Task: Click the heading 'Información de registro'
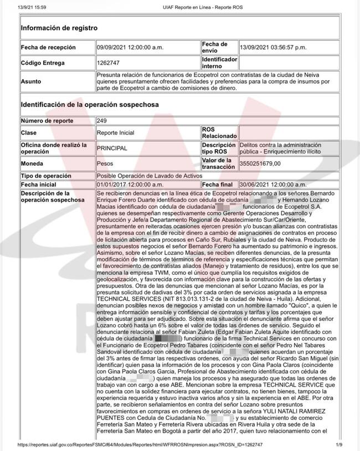click(x=59, y=28)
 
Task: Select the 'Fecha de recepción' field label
click(x=48, y=48)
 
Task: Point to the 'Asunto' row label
click(x=31, y=81)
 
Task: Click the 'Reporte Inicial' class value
click(x=115, y=133)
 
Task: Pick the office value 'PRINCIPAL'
click(x=112, y=148)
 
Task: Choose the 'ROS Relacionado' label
click(x=217, y=133)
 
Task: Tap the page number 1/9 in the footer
click(x=339, y=445)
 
